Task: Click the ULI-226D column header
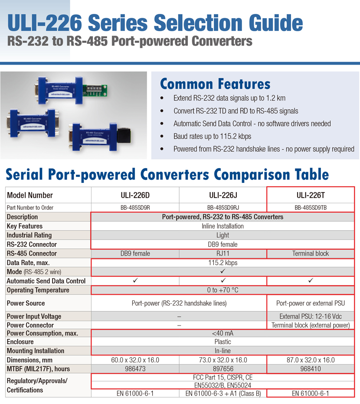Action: point(135,195)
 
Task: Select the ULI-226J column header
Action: point(223,195)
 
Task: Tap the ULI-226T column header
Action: point(311,195)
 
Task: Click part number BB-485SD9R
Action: point(135,208)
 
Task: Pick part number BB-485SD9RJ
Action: point(223,208)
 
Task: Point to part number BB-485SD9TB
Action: point(311,208)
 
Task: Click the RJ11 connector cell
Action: point(223,254)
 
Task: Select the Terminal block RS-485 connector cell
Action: point(311,254)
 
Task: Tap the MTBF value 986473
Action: point(135,369)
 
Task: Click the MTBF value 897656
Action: point(223,369)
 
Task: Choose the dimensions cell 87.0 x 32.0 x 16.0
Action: point(311,360)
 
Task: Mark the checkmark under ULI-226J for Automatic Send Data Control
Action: point(223,281)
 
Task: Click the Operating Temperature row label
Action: point(38,290)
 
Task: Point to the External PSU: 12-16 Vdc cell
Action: point(311,316)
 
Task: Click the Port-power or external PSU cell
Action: point(311,303)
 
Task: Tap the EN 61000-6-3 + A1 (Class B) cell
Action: point(223,394)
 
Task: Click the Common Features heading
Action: point(215,84)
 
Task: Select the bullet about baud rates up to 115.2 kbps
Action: point(212,136)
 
